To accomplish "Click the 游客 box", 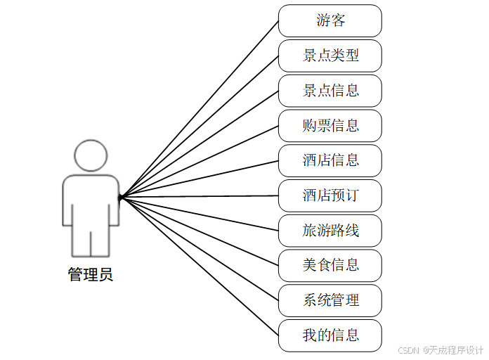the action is pyautogui.click(x=330, y=20).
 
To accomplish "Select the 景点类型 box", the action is pyautogui.click(x=330, y=56).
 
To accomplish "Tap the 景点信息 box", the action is pyautogui.click(x=330, y=91).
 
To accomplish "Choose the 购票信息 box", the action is pyautogui.click(x=330, y=126).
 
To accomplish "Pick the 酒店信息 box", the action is pyautogui.click(x=330, y=161).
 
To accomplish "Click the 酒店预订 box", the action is pyautogui.click(x=330, y=195).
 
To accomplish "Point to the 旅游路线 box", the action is pyautogui.click(x=330, y=231).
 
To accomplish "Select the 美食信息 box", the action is pyautogui.click(x=330, y=266).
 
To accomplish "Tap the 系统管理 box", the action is pyautogui.click(x=330, y=301).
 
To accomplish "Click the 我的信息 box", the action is pyautogui.click(x=330, y=335).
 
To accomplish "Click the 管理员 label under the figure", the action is pyautogui.click(x=90, y=274).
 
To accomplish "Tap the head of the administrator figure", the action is pyautogui.click(x=91, y=155).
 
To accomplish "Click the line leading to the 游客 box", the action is pyautogui.click(x=199, y=109).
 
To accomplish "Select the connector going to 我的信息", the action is pyautogui.click(x=199, y=266).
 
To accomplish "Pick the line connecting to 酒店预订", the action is pyautogui.click(x=199, y=196).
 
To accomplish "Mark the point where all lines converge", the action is pyautogui.click(x=120, y=198).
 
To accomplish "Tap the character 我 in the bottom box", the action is pyautogui.click(x=309, y=335).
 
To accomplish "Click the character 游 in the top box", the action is pyautogui.click(x=323, y=20).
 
